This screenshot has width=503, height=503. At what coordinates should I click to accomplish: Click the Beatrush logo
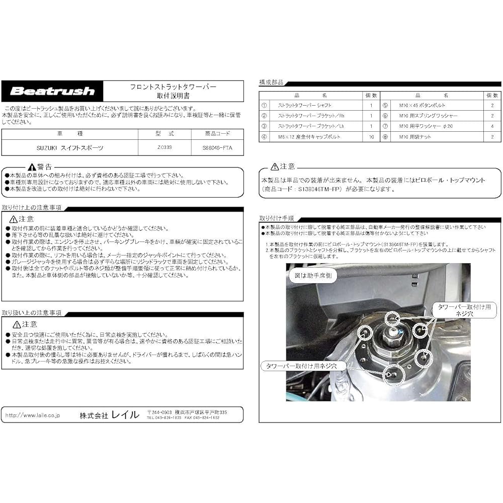[x=52, y=92]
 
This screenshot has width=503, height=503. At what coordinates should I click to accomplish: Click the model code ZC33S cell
[x=164, y=148]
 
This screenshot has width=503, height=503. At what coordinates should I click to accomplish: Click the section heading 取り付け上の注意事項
[x=32, y=208]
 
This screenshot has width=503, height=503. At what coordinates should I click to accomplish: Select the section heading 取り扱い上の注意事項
[x=32, y=312]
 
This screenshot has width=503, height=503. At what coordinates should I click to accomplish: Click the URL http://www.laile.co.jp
[x=33, y=415]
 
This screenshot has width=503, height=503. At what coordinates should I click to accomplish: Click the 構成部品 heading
[x=271, y=81]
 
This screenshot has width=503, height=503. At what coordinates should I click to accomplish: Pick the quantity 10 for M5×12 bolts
[x=371, y=136]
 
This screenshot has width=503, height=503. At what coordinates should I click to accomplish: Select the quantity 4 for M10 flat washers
[x=492, y=126]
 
